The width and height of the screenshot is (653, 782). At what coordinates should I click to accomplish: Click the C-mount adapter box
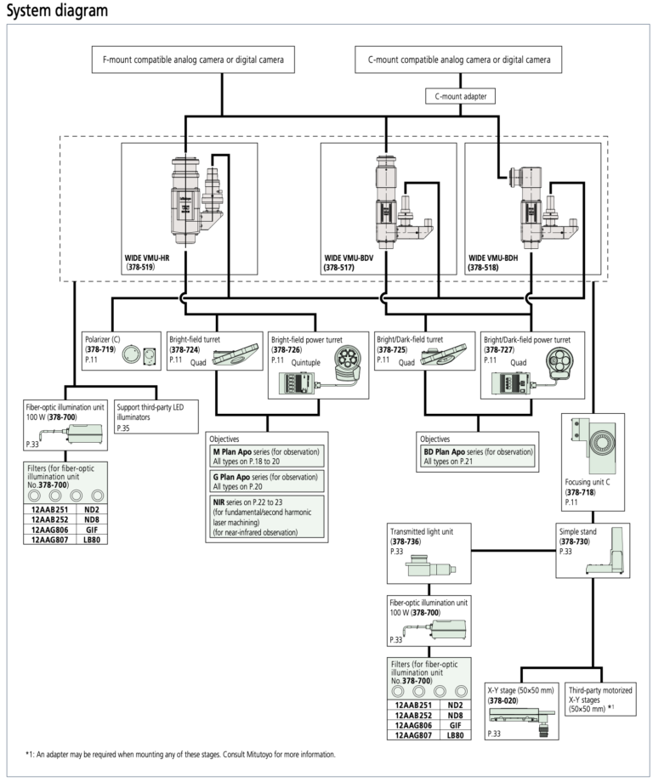click(460, 96)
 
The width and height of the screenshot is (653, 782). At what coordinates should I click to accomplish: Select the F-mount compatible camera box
click(193, 59)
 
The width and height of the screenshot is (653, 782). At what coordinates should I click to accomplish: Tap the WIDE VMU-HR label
click(147, 258)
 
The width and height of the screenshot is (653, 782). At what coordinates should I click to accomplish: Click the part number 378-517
click(339, 267)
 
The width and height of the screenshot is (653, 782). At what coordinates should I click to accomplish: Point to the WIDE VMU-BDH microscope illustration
click(542, 207)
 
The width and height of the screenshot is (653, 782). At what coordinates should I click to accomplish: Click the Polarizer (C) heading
click(103, 339)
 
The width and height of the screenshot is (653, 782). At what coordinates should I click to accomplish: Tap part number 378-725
click(393, 349)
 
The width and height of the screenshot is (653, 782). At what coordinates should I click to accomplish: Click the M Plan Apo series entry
click(266, 456)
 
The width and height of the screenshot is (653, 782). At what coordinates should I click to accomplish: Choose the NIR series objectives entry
click(266, 517)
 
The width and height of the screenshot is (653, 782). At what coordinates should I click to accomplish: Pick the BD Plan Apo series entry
click(477, 456)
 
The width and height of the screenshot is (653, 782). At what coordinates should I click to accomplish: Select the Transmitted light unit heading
click(422, 531)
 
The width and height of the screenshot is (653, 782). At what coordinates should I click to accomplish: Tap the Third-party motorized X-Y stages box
click(600, 700)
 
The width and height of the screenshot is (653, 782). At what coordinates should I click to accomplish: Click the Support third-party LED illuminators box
click(156, 417)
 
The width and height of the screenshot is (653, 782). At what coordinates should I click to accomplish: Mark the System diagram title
click(57, 10)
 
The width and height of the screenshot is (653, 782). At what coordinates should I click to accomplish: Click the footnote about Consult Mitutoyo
click(180, 755)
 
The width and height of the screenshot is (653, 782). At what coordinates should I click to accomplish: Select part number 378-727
click(499, 350)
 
